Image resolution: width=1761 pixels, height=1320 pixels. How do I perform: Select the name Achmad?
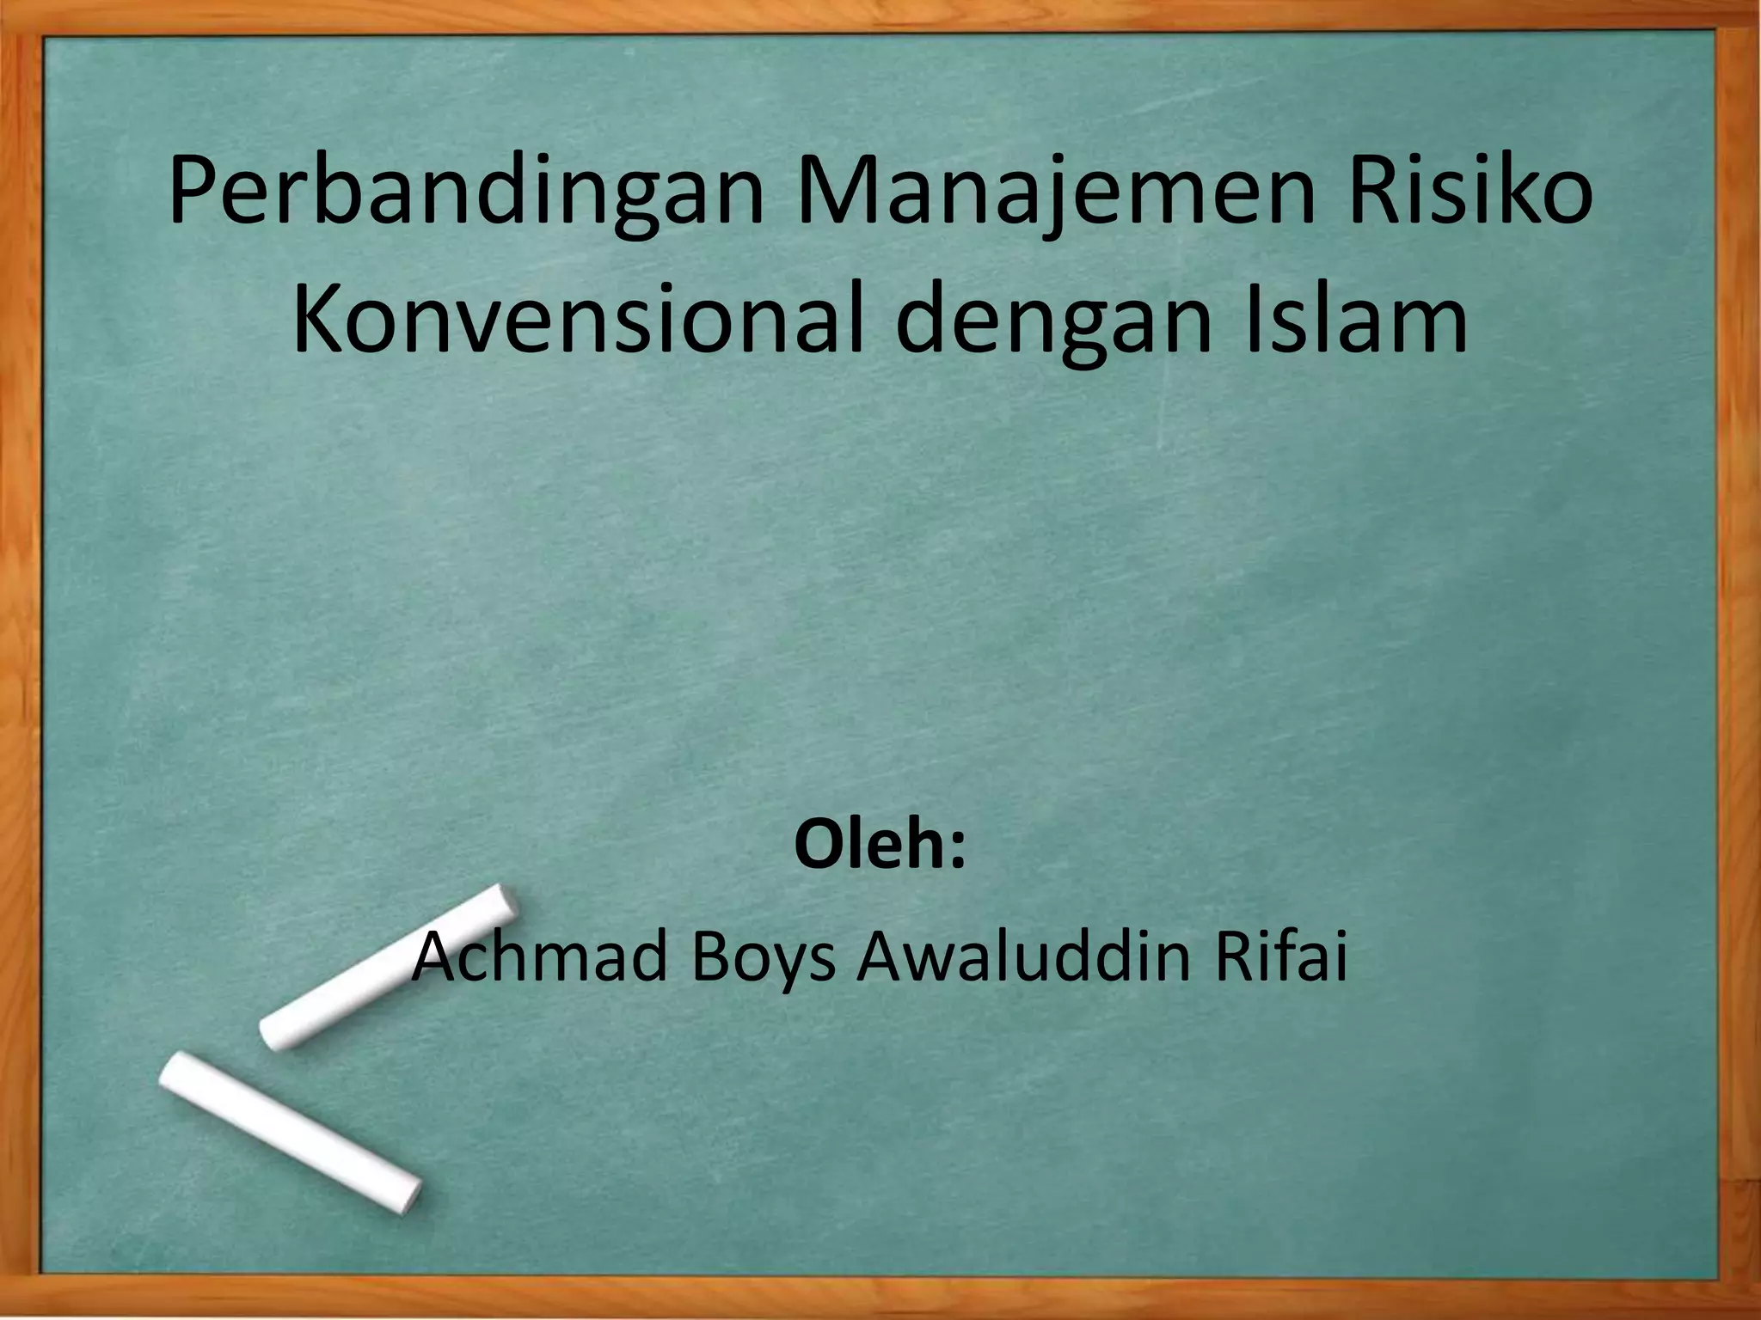(x=542, y=959)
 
